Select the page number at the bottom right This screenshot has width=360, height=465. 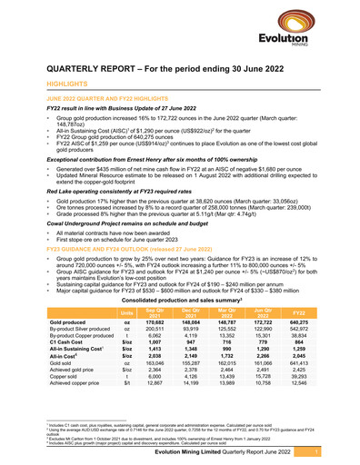[x=340, y=450]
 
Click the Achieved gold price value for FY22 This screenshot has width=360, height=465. [x=325, y=370]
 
